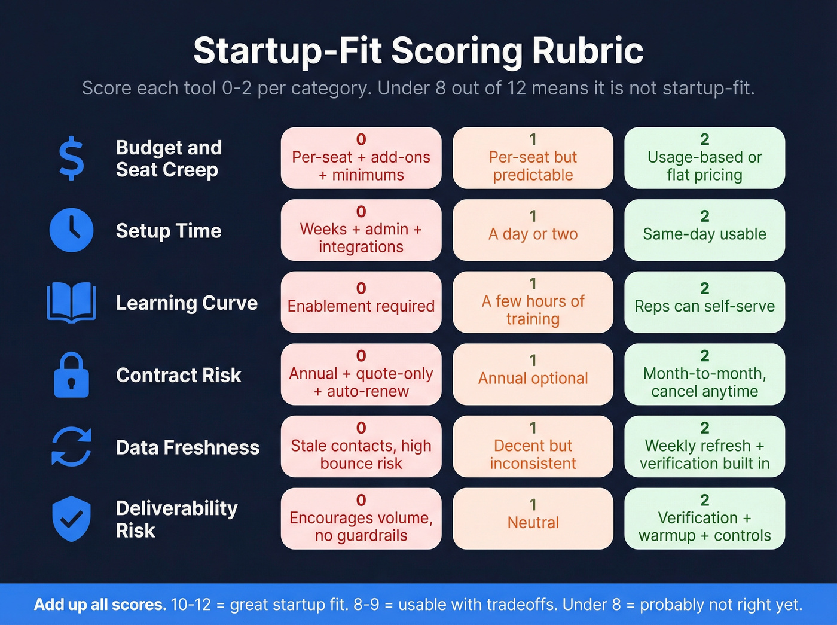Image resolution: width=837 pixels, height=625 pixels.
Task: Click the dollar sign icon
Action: coord(72,158)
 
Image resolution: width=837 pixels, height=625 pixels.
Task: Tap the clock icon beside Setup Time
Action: coord(72,230)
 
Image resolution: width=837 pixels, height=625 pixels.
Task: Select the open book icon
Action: coord(72,303)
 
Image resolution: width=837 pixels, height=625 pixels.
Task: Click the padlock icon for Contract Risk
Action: coord(72,375)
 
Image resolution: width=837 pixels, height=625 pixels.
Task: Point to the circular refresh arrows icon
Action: coord(72,447)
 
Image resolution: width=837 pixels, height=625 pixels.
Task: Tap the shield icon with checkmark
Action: coord(72,519)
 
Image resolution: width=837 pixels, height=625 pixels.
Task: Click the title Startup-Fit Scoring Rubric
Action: coord(418,51)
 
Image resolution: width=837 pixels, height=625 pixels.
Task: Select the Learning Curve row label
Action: coord(187,303)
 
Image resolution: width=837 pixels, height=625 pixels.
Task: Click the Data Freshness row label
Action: coord(188,447)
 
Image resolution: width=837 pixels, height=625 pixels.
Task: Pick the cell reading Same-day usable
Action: coord(704,230)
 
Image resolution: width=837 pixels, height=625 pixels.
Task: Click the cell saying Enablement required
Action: coord(361,302)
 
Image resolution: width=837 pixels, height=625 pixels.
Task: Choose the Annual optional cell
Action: coord(533,374)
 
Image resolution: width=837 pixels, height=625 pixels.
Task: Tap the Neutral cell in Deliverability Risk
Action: coord(533,519)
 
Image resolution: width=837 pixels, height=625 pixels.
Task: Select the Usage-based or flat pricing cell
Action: coord(704,158)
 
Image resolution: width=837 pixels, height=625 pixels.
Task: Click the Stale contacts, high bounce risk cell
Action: coord(361,447)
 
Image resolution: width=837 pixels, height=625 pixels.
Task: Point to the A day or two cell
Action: coord(533,230)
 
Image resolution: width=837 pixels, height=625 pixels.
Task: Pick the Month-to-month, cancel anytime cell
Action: coord(704,374)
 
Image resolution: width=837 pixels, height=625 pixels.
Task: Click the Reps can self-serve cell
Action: coord(704,302)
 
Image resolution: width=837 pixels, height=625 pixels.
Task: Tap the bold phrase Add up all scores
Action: coord(100,605)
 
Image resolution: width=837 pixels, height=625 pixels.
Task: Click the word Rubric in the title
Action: coord(588,51)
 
